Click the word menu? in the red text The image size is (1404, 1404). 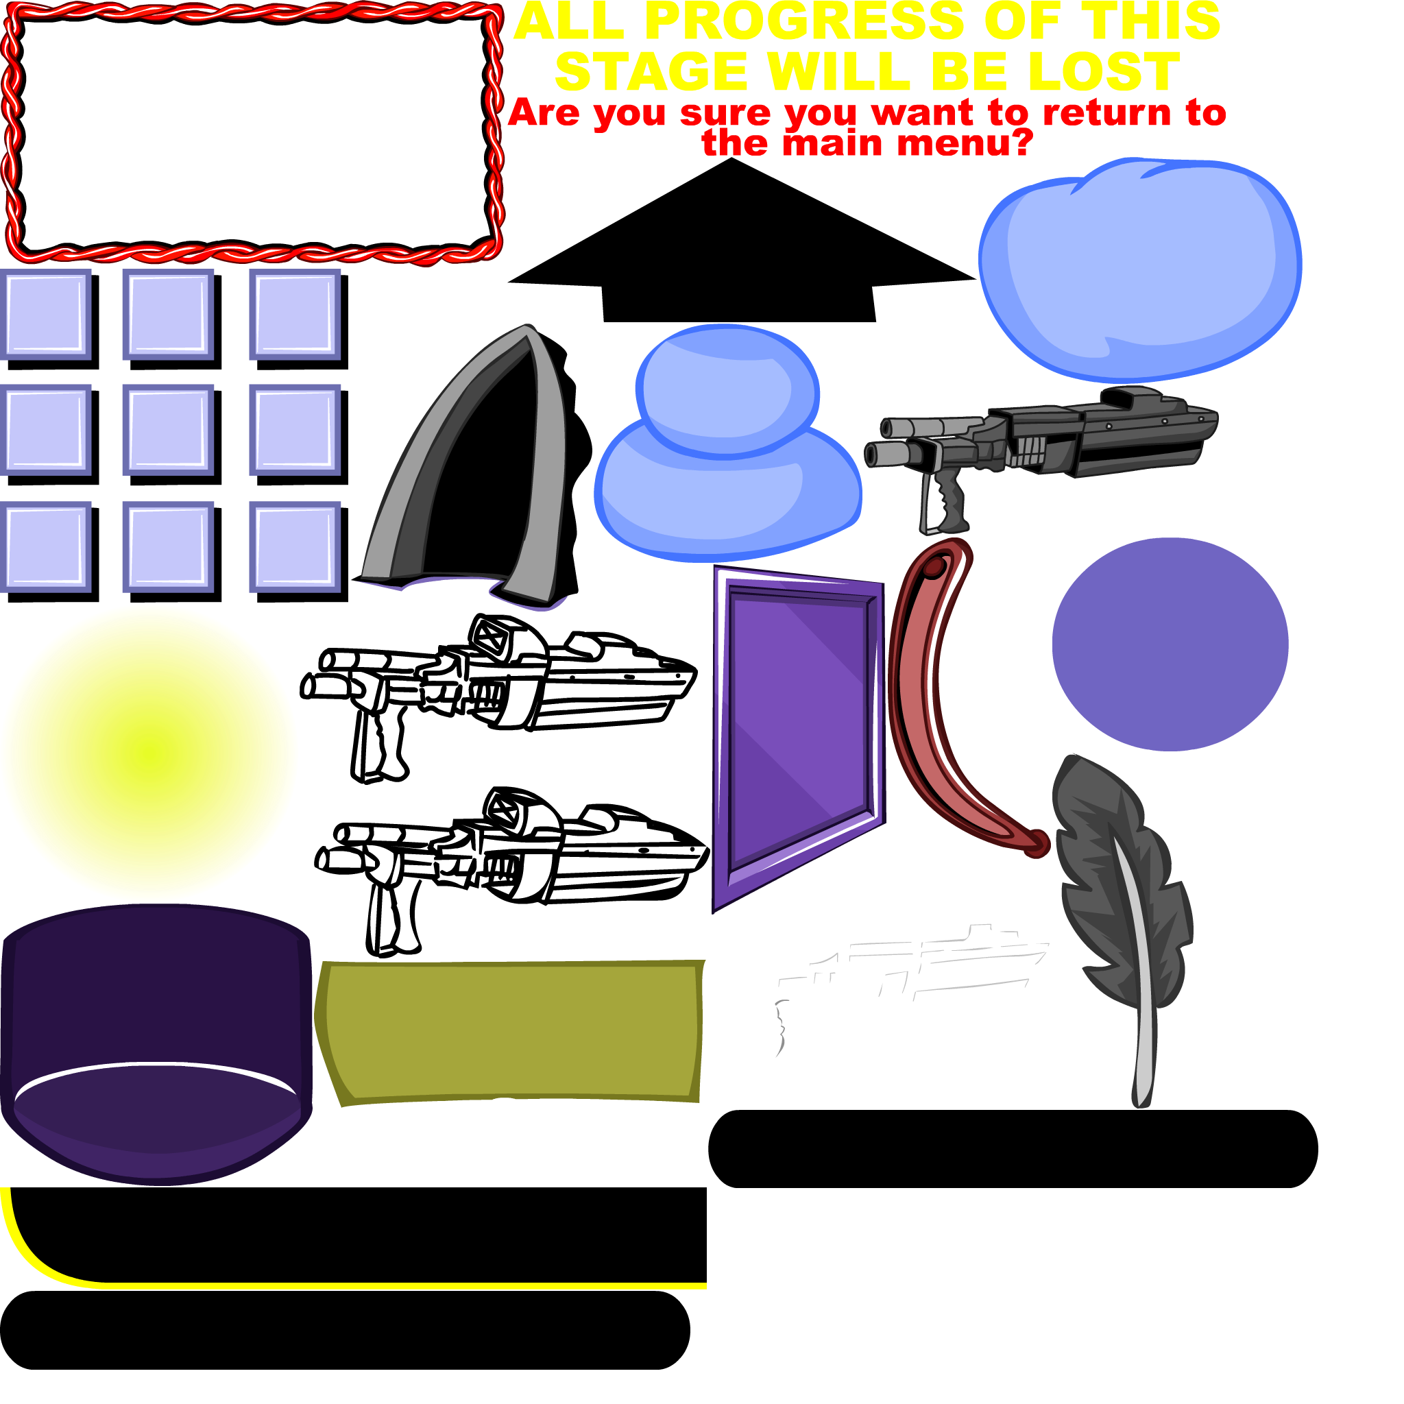(965, 143)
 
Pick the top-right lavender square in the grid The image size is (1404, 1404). (294, 315)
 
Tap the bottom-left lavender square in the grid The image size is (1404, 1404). (46, 546)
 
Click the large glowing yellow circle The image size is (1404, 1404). (149, 753)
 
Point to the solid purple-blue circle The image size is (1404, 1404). (1170, 644)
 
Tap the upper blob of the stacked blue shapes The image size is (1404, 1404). (727, 389)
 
